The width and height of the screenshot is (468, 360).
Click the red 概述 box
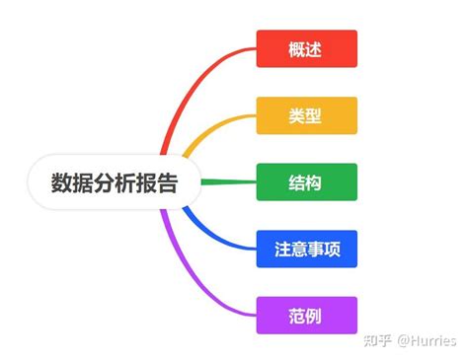pyautogui.click(x=306, y=48)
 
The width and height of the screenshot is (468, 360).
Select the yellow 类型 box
pyautogui.click(x=306, y=115)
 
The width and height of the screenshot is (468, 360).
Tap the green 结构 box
pyautogui.click(x=306, y=181)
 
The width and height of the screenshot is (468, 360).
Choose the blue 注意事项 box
pyautogui.click(x=306, y=249)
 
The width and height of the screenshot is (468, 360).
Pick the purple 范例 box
pyautogui.click(x=306, y=315)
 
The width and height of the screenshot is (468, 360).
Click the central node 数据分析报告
pyautogui.click(x=115, y=182)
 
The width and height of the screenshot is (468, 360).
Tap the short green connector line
pyautogui.click(x=228, y=181)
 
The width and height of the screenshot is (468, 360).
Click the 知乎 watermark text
pyautogui.click(x=376, y=340)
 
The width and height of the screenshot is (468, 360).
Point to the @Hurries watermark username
pyautogui.click(x=427, y=340)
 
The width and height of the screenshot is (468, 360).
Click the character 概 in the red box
pyautogui.click(x=296, y=48)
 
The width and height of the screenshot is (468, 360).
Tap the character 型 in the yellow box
pyautogui.click(x=316, y=115)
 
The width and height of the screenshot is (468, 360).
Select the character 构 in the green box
pyautogui.click(x=316, y=181)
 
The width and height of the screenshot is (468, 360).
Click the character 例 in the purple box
pyautogui.click(x=316, y=315)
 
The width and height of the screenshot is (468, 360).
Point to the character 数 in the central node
pyautogui.click(x=62, y=182)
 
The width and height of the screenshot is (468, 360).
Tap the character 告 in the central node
pyautogui.click(x=167, y=182)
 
